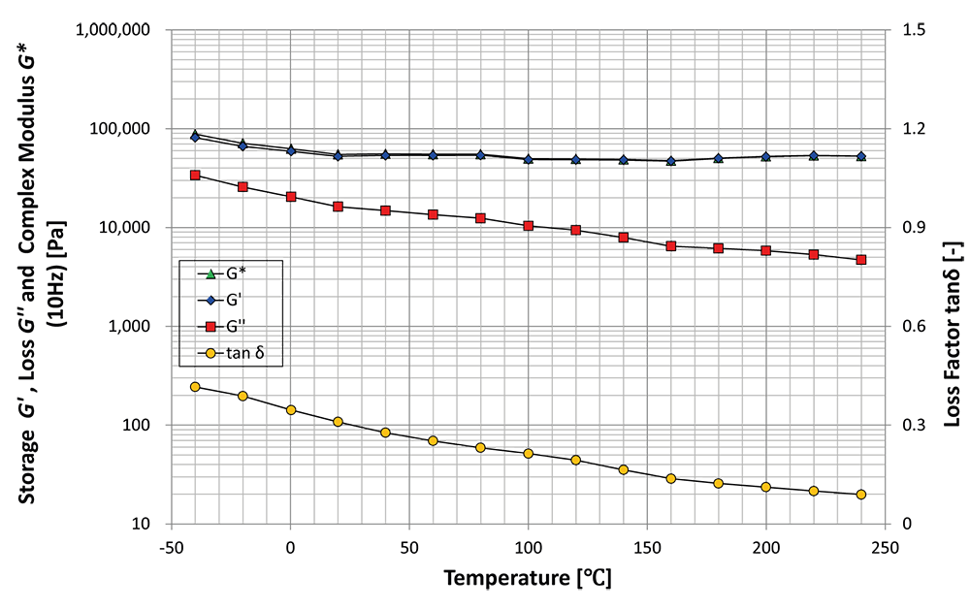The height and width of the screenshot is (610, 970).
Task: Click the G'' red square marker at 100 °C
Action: point(529,226)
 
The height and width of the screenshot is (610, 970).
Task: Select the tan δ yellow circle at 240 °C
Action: point(861,495)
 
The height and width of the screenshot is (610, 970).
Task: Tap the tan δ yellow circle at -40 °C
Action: point(195,387)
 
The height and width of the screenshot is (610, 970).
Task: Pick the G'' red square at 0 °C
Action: point(291,197)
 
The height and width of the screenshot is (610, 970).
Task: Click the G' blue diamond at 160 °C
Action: point(671,161)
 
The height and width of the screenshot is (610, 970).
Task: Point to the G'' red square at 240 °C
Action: point(861,260)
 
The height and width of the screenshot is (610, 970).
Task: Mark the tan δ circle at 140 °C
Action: point(624,469)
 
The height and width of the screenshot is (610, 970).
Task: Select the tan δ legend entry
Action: point(231,353)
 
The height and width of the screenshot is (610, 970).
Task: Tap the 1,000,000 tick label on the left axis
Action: point(113,29)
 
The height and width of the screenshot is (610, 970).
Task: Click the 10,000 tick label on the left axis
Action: point(124,227)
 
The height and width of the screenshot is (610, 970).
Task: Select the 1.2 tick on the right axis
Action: point(915,128)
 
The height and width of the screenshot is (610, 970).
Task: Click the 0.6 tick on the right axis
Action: point(915,326)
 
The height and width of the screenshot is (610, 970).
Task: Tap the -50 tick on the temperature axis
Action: point(170,548)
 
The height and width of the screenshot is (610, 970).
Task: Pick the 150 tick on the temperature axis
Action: point(647,548)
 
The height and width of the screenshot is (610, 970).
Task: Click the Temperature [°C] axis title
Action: point(528,578)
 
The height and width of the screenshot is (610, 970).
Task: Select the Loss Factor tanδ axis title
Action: point(954,334)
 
